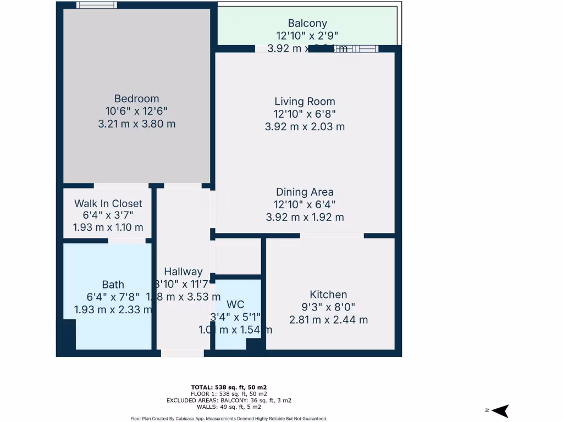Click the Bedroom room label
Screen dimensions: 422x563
click(x=136, y=99)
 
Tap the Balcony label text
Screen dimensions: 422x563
click(x=307, y=24)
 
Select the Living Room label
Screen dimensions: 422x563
click(x=305, y=102)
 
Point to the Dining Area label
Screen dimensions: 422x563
click(x=305, y=192)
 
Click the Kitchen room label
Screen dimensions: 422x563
click(x=328, y=295)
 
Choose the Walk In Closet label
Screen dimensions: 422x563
click(x=108, y=204)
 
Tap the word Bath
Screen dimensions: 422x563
click(x=113, y=285)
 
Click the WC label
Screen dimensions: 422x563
click(x=235, y=304)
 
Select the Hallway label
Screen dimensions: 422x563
click(x=183, y=272)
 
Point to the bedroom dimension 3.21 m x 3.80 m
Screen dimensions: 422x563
click(x=136, y=124)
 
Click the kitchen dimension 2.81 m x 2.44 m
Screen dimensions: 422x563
click(x=328, y=320)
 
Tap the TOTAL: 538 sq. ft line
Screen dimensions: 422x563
click(x=229, y=387)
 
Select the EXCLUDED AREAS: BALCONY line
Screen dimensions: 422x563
click(x=229, y=401)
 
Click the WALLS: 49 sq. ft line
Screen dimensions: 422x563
click(x=229, y=407)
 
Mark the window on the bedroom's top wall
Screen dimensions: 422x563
click(x=96, y=5)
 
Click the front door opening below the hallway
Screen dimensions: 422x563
click(x=183, y=353)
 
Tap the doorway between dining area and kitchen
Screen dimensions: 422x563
click(x=332, y=236)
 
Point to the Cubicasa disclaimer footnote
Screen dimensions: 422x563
click(x=229, y=418)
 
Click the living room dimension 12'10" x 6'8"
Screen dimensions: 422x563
click(x=305, y=114)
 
